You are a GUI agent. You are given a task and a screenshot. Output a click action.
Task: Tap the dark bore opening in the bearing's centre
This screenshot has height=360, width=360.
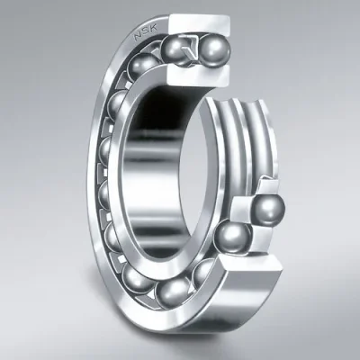166,135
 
